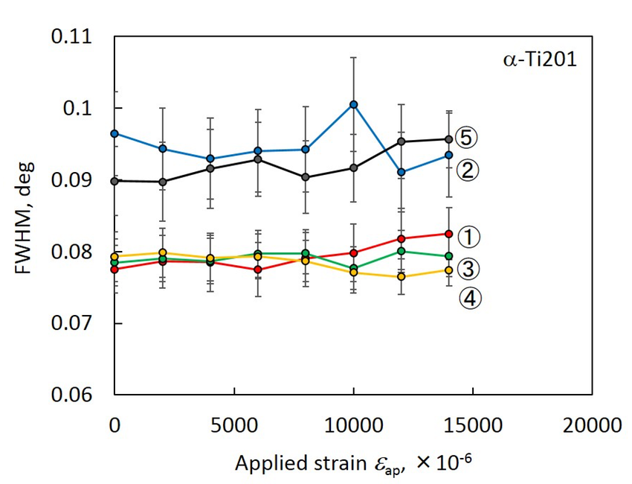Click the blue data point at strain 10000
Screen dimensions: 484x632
[354, 104]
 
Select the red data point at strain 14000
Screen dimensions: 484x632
[448, 234]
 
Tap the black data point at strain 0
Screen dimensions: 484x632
[115, 181]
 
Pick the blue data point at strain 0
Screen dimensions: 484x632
[115, 133]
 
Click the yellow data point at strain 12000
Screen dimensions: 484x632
[402, 277]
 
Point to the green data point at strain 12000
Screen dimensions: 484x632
[402, 251]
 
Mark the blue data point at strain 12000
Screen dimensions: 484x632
[402, 172]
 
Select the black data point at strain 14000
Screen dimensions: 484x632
[448, 139]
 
